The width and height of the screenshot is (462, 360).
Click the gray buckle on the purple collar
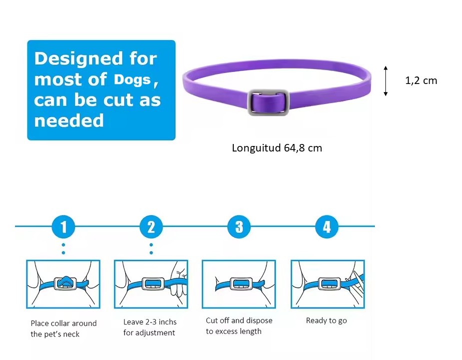268,102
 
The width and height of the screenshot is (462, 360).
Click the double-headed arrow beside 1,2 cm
385,81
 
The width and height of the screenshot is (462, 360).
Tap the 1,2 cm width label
421,80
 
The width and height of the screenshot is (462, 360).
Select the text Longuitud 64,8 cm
277,148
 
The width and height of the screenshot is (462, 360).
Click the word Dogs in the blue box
132,79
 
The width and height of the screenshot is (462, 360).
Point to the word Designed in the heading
79,58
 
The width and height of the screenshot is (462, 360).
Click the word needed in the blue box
69,120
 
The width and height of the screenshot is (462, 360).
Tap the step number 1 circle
64,226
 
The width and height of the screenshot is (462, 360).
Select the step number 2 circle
151,226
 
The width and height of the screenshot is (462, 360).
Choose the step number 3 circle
239,226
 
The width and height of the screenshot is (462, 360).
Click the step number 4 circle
327,226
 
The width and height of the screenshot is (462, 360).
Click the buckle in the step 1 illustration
66,283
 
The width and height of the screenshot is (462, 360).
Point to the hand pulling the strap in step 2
179,280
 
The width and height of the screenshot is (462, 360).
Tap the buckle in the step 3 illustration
241,284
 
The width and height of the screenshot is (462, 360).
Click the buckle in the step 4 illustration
329,284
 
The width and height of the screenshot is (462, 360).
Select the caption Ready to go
326,320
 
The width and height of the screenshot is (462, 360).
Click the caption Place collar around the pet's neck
64,329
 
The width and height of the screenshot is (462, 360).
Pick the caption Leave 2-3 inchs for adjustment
150,327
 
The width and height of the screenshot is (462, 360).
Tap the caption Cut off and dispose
239,320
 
